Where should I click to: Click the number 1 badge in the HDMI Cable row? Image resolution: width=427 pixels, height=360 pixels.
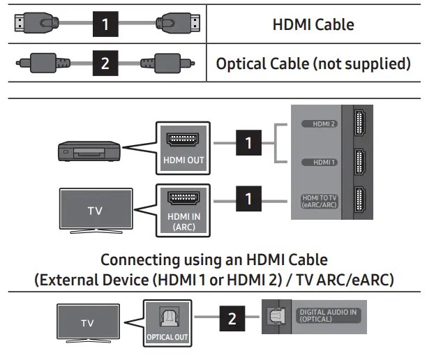click(x=105, y=24)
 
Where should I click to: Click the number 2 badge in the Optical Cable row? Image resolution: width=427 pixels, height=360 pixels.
click(x=105, y=63)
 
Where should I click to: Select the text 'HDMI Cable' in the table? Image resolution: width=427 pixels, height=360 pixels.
click(x=313, y=24)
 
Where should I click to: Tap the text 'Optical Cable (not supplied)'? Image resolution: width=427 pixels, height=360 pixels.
click(x=313, y=63)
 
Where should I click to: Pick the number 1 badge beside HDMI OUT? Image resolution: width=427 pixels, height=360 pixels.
click(x=247, y=144)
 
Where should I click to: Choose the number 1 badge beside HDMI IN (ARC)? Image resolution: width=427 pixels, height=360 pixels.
click(x=247, y=200)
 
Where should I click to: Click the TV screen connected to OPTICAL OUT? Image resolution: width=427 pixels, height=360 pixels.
click(x=87, y=322)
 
